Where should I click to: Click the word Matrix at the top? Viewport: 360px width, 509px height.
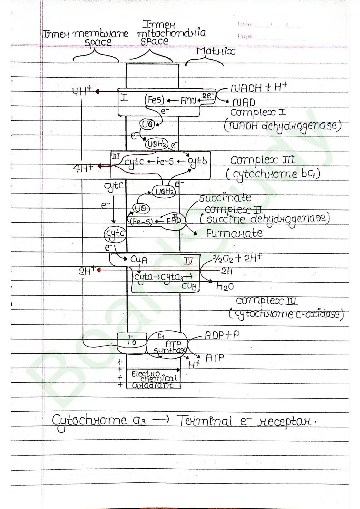click(x=216, y=52)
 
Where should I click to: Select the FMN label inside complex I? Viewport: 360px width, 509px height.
click(x=188, y=101)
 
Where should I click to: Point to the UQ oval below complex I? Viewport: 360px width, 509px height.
click(x=147, y=124)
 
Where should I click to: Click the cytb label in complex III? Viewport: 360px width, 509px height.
click(x=197, y=161)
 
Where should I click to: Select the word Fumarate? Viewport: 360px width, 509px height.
click(x=234, y=233)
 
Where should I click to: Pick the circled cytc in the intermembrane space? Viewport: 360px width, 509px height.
click(x=115, y=233)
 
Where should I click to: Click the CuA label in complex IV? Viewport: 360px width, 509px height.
click(x=139, y=259)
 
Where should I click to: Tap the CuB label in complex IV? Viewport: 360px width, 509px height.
click(x=189, y=286)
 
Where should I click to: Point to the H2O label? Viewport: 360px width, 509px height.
click(x=225, y=286)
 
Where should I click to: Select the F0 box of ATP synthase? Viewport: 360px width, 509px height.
click(x=132, y=342)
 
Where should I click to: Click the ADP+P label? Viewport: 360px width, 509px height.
click(x=222, y=336)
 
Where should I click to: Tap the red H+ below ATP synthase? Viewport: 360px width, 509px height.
click(x=194, y=365)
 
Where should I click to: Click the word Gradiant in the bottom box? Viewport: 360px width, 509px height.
click(x=153, y=385)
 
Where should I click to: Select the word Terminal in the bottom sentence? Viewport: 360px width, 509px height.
click(x=204, y=421)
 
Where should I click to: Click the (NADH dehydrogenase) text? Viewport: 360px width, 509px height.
click(x=283, y=126)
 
